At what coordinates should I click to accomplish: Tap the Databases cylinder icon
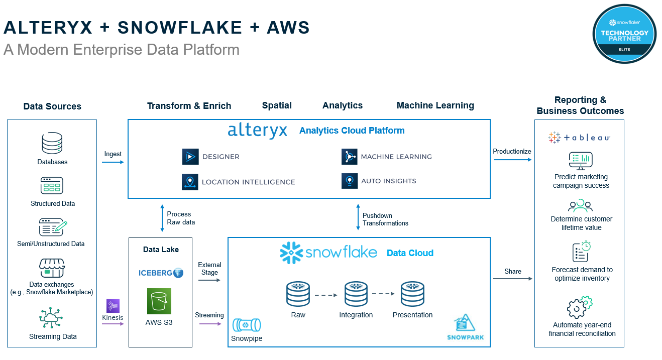[52, 144]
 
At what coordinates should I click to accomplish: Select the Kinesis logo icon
[113, 306]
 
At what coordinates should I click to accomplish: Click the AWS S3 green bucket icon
[159, 301]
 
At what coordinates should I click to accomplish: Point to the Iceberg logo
[161, 273]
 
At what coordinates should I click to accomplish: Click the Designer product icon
[190, 157]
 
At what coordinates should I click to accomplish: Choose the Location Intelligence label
[248, 182]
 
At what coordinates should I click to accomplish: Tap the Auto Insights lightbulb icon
[349, 181]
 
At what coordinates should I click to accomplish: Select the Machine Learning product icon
[349, 157]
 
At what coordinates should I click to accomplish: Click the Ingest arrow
[113, 162]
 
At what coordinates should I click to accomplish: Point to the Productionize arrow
[512, 160]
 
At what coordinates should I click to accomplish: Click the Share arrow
[512, 279]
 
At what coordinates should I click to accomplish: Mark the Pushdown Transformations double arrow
[358, 217]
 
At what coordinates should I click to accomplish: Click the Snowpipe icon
[246, 325]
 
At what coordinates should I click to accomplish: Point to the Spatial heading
[277, 105]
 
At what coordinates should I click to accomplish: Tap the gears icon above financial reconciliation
[580, 307]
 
